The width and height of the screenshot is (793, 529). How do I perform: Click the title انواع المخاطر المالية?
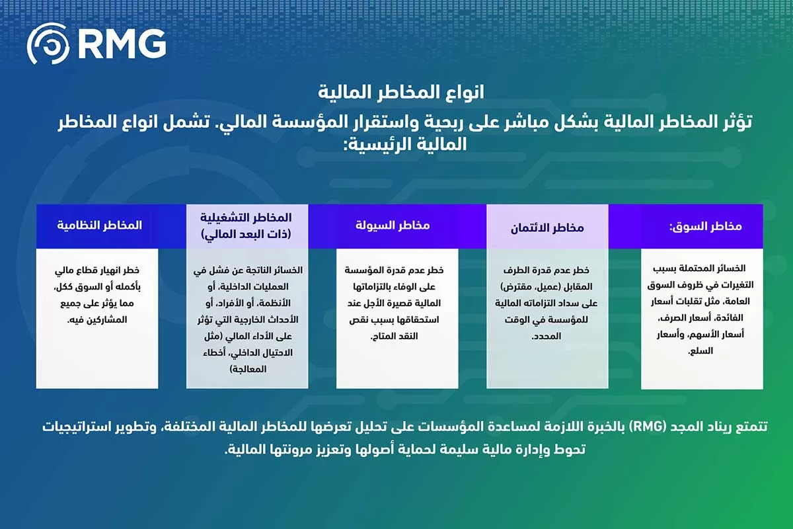click(397, 91)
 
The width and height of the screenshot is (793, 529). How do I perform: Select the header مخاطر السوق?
click(705, 226)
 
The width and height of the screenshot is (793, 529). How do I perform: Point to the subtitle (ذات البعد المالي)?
click(247, 234)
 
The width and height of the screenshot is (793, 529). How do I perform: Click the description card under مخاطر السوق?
click(702, 318)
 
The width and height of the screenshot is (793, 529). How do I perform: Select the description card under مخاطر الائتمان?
click(547, 318)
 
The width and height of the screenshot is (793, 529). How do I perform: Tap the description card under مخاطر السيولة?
click(397, 318)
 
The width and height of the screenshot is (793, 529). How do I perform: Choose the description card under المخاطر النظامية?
click(97, 318)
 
